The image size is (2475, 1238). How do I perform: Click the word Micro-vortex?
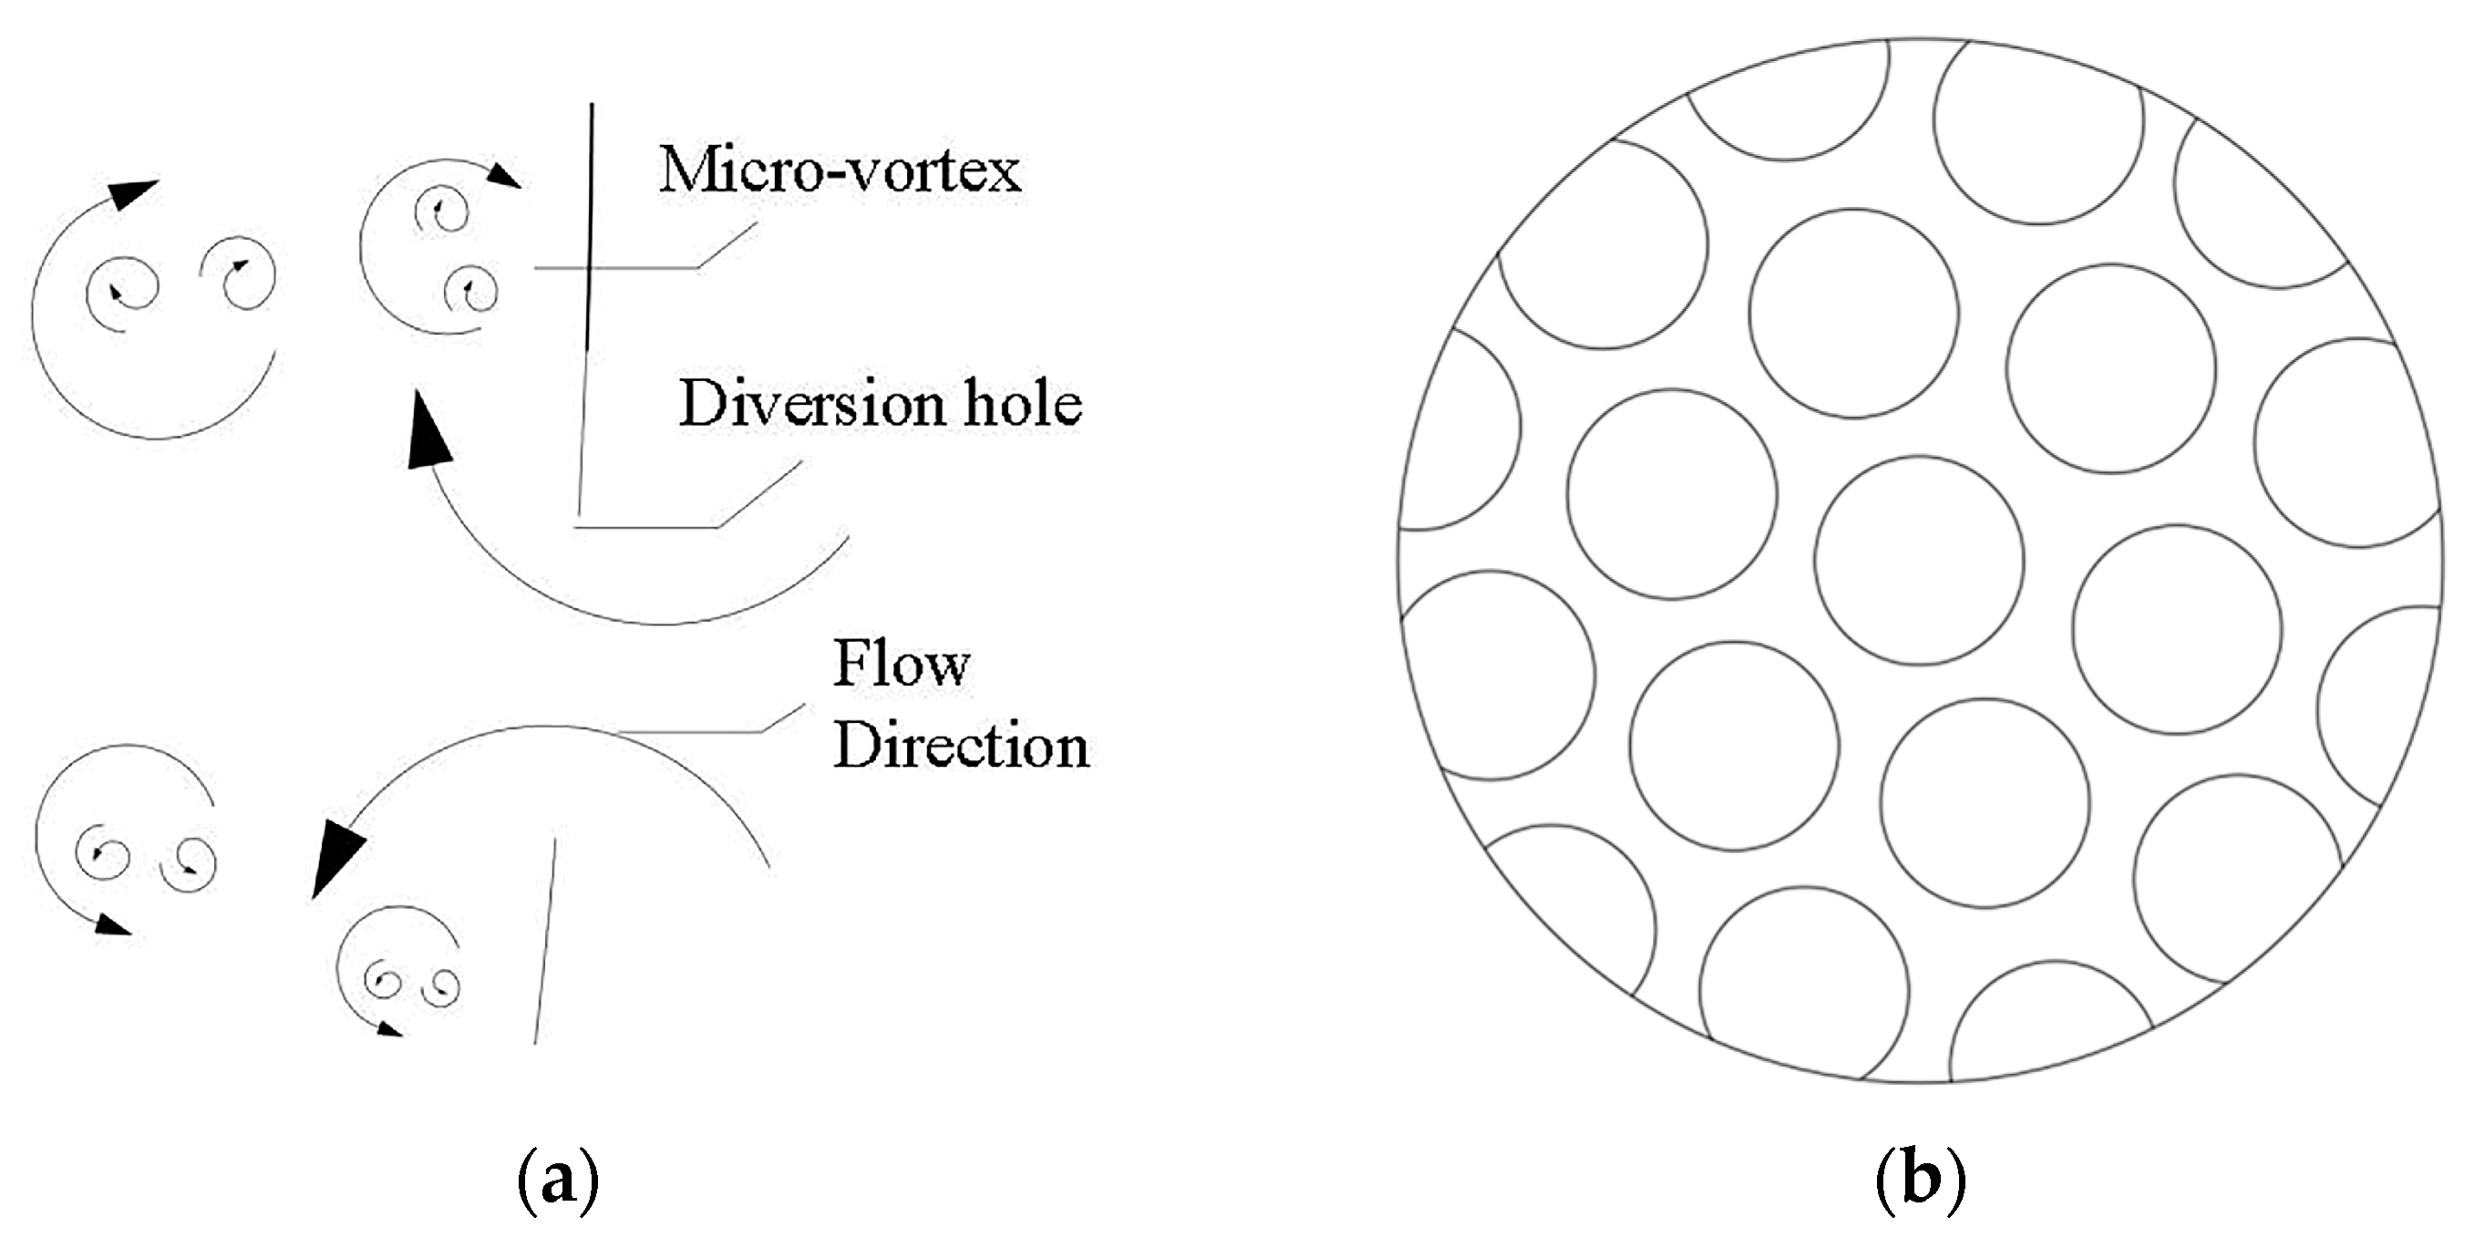[840, 171]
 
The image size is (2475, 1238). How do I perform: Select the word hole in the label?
[1022, 404]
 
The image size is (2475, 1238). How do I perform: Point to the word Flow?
[902, 664]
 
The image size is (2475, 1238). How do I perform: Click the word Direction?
[961, 745]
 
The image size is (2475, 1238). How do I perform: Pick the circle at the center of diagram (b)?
[1919, 561]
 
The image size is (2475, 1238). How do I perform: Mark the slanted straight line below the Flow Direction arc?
[545, 942]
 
